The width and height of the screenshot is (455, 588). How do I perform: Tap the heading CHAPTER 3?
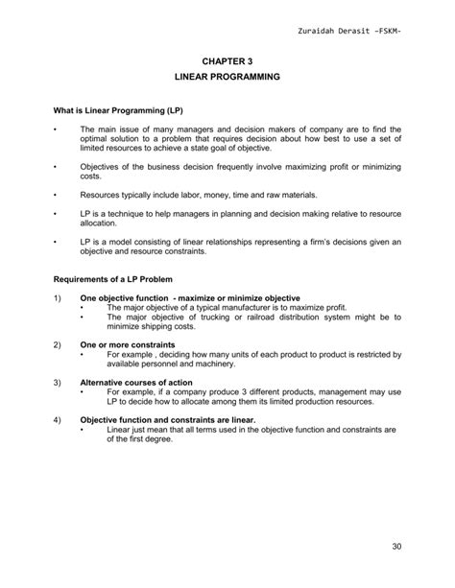(227, 59)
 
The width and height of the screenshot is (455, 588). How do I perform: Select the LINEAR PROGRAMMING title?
(227, 75)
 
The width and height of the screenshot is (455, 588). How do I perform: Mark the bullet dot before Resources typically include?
(57, 195)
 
